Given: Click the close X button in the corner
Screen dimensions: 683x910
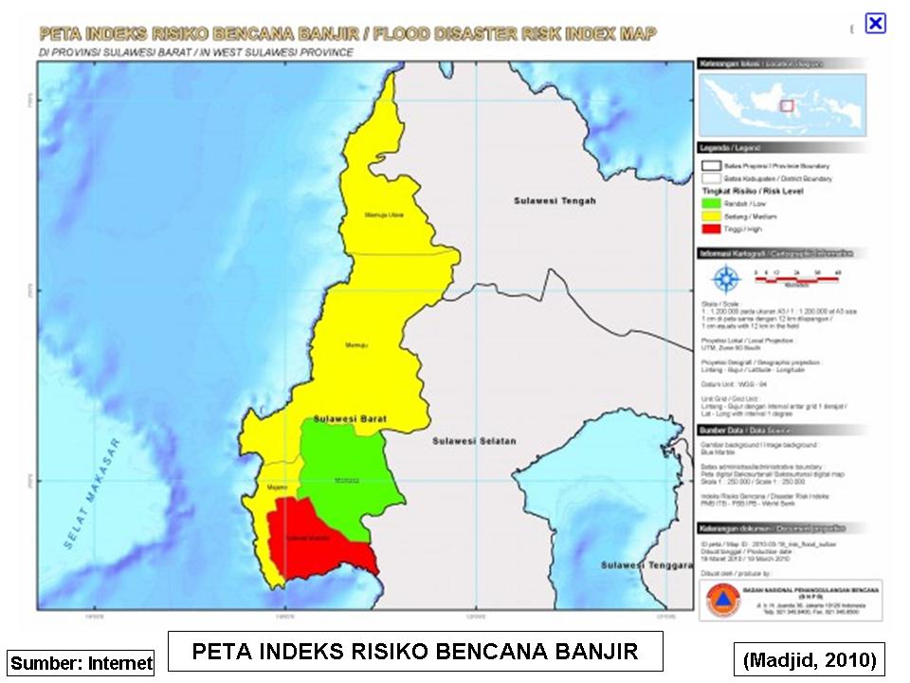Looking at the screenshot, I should click(x=875, y=24).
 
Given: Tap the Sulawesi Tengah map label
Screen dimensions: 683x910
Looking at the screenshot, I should click(x=555, y=201).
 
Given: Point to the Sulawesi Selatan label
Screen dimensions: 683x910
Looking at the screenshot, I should click(x=473, y=442).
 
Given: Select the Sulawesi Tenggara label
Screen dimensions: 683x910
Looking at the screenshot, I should click(x=643, y=565).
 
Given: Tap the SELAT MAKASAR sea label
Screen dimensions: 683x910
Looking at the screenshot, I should click(x=90, y=493).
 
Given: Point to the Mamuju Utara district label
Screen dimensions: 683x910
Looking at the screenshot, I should click(x=384, y=215).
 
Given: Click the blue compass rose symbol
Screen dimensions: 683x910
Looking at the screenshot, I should click(x=726, y=279).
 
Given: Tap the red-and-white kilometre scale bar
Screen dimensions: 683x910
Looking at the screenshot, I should click(x=796, y=275).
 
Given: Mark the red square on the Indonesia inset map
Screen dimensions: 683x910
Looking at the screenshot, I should click(x=785, y=105).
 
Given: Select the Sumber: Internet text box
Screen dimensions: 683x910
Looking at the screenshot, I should click(x=81, y=662).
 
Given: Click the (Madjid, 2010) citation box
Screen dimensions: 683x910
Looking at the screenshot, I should click(x=809, y=657).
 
